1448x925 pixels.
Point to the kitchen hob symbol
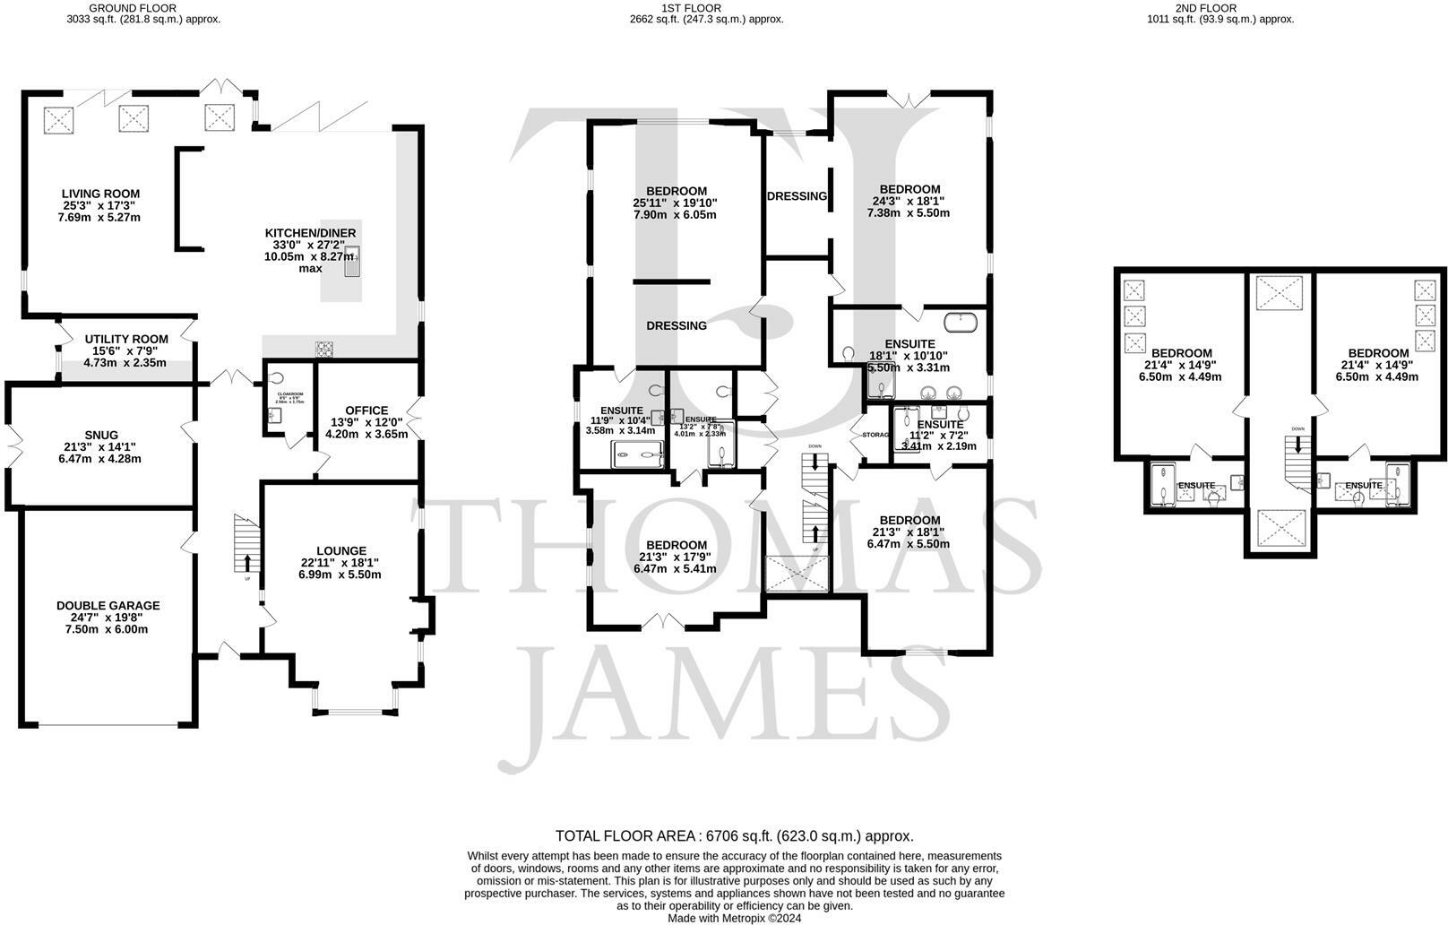click(323, 349)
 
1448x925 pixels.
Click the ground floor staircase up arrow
click(247, 563)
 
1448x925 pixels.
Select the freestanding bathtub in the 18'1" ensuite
click(960, 318)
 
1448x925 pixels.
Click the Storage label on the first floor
click(875, 435)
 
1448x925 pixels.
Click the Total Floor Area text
click(734, 835)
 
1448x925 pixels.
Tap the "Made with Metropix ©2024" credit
click(734, 918)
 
